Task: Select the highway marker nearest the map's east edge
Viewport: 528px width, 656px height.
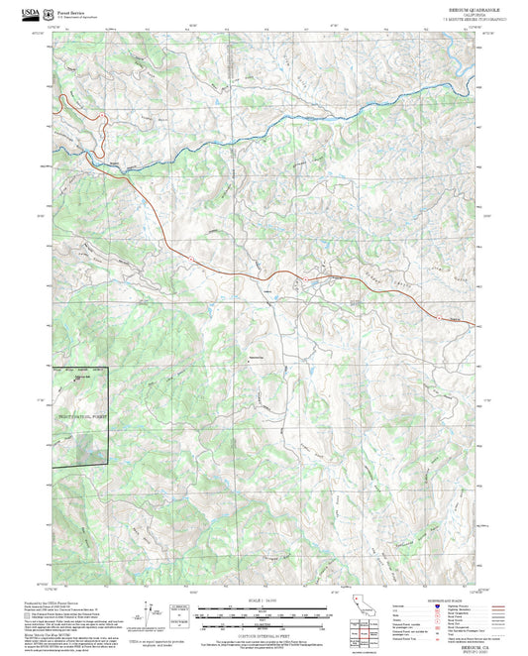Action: pyautogui.click(x=441, y=318)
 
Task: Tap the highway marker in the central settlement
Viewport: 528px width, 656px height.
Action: pyautogui.click(x=300, y=279)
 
